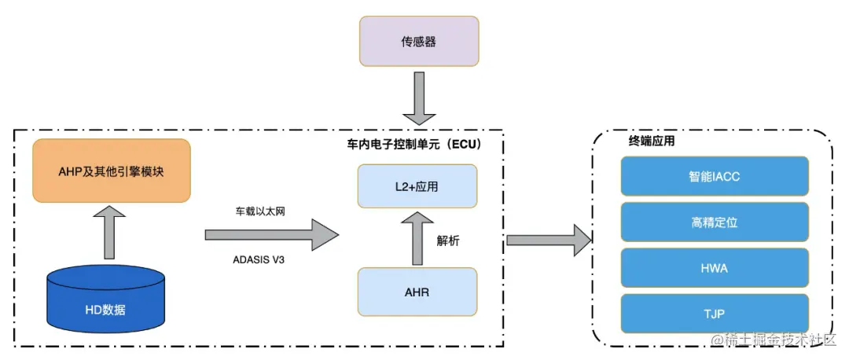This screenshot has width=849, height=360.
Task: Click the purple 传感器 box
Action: coord(419,41)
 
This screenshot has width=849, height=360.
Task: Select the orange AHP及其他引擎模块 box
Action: coord(111,171)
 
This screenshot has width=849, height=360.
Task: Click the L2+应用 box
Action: coord(417,186)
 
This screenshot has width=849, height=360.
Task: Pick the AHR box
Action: coord(417,292)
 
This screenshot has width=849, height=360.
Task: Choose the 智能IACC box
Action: coord(715,176)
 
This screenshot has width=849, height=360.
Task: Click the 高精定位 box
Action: coord(715,222)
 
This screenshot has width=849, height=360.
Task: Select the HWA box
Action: coord(715,268)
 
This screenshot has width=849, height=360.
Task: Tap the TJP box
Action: coord(715,314)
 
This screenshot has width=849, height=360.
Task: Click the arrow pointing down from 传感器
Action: coord(419,98)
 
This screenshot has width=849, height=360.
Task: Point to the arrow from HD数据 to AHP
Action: coord(108,232)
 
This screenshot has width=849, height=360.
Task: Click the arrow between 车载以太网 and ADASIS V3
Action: coord(272,235)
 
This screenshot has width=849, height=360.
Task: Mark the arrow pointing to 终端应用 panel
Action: coord(549,239)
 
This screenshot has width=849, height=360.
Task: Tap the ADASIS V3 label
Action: coord(259,260)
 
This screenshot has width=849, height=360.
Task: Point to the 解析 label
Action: coord(448,241)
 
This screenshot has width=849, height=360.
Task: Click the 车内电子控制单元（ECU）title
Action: coord(414,145)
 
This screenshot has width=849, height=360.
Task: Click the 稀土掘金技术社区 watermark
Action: coord(775,340)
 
